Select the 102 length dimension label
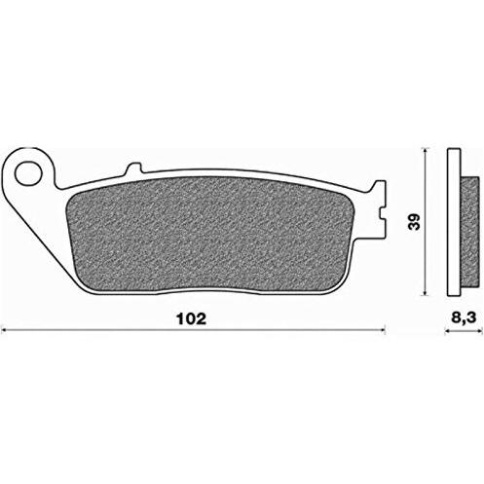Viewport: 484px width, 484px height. pos(191,319)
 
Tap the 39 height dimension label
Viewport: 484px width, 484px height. pos(414,221)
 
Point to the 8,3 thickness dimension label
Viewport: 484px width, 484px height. pos(464,318)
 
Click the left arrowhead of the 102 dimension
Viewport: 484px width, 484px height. pos(5,331)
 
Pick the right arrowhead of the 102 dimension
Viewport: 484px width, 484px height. pos(382,331)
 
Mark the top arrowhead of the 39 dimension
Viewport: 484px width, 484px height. pos(426,151)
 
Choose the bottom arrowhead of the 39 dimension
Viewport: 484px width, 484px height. pos(426,292)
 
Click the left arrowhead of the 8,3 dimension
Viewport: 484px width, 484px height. pos(447,331)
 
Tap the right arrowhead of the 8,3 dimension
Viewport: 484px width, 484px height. pos(478,331)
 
